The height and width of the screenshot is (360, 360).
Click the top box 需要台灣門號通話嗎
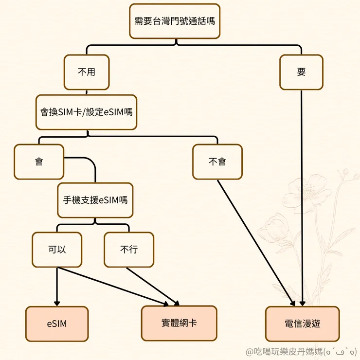[175, 21]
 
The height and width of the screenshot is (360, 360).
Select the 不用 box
[87, 72]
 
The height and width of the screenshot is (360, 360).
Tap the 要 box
[301, 72]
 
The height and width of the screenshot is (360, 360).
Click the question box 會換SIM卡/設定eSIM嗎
[86, 112]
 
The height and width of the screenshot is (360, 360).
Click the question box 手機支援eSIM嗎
[95, 200]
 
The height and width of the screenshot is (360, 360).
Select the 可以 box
[57, 250]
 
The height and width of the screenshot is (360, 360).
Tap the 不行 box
[129, 250]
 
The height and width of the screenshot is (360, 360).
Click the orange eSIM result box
[57, 324]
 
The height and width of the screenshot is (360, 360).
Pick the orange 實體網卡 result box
[179, 323]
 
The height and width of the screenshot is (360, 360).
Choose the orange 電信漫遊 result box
[302, 324]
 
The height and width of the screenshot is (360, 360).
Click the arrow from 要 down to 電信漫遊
[302, 195]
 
